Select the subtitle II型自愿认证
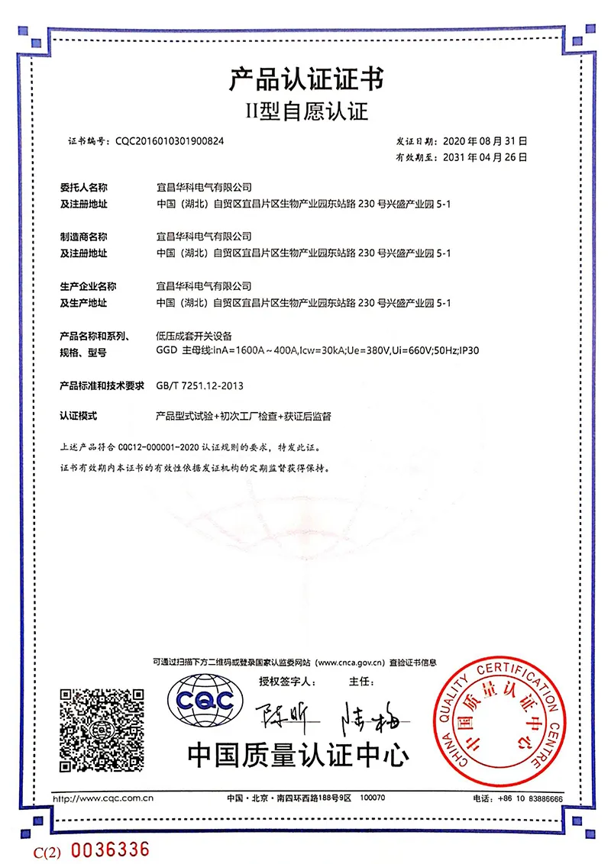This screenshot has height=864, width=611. [305, 112]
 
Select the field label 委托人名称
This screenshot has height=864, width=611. [83, 186]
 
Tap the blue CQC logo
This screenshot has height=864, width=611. [206, 696]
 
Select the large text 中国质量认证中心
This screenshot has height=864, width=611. [298, 755]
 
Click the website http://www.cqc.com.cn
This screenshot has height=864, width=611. [102, 798]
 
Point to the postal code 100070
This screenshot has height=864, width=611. [372, 798]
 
